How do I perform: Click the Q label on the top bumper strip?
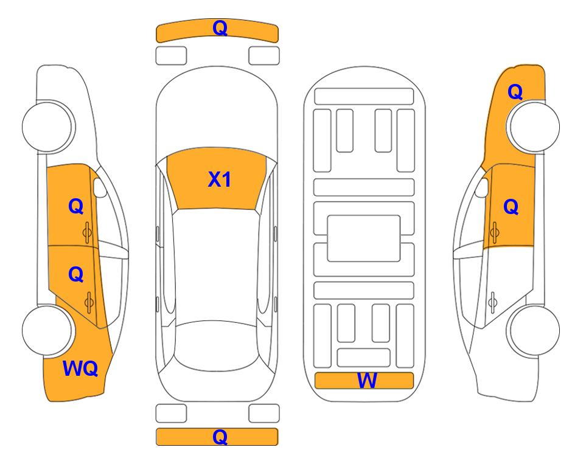pyautogui.click(x=220, y=28)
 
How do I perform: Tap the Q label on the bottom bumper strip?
pyautogui.click(x=220, y=437)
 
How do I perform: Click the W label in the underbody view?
pyautogui.click(x=367, y=381)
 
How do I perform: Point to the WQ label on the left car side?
pyautogui.click(x=80, y=368)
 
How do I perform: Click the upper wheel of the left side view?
pyautogui.click(x=48, y=126)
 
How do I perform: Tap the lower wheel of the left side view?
pyautogui.click(x=48, y=330)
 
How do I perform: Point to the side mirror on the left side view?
pyautogui.click(x=99, y=187)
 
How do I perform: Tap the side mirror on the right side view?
pyautogui.click(x=482, y=187)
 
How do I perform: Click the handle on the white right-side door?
pyautogui.click(x=493, y=303)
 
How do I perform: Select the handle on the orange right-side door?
pyautogui.click(x=495, y=232)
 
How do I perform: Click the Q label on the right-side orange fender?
pyautogui.click(x=515, y=92)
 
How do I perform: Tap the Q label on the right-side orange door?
pyautogui.click(x=511, y=207)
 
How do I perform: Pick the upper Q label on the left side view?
pyautogui.click(x=76, y=206)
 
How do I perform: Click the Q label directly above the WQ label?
pyautogui.click(x=76, y=275)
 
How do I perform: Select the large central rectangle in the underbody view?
pyautogui.click(x=364, y=238)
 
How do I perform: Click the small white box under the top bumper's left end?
pyautogui.click(x=171, y=56)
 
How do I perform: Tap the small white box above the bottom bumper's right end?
pyautogui.click(x=264, y=413)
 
